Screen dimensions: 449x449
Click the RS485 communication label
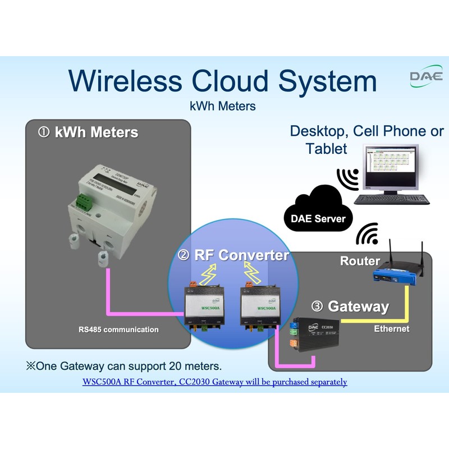(x=118, y=329)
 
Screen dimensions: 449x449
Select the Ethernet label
(x=392, y=329)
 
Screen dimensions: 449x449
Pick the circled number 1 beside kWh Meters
(x=44, y=132)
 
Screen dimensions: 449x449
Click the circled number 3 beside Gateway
(x=318, y=306)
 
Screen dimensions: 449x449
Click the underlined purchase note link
(x=215, y=382)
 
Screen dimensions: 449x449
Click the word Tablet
(x=327, y=149)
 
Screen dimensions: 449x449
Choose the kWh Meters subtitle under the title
(x=223, y=106)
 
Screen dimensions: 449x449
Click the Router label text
(x=360, y=261)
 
